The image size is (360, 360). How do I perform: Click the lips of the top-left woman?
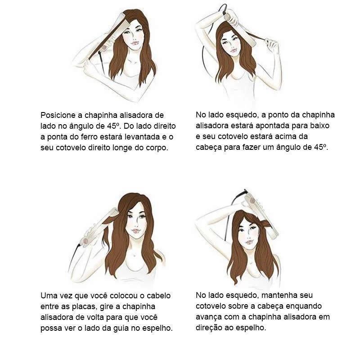click(x=134, y=43)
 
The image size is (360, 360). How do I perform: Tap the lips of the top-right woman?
click(x=233, y=50)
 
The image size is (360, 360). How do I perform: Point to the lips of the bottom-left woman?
click(x=136, y=231)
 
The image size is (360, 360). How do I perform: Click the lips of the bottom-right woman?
click(x=250, y=242)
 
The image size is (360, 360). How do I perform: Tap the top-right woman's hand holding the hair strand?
click(x=272, y=45)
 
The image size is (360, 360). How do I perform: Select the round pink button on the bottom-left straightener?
click(x=85, y=241)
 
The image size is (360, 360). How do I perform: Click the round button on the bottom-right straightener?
click(x=252, y=201)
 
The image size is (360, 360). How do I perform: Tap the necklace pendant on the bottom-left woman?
click(x=134, y=255)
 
